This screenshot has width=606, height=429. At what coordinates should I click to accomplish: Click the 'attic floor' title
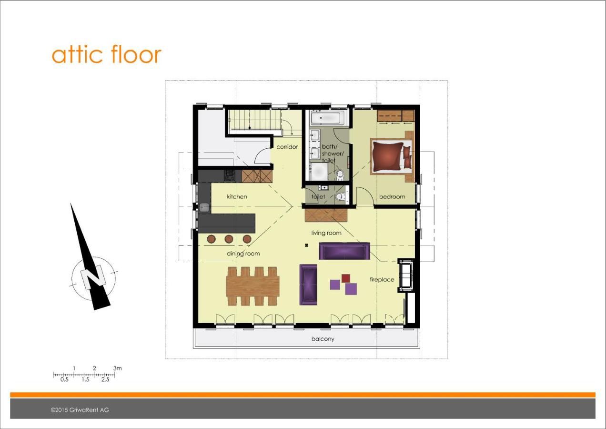click(x=106, y=54)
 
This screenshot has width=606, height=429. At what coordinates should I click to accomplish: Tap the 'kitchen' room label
click(x=237, y=196)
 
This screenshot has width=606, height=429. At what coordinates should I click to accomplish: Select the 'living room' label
click(x=326, y=233)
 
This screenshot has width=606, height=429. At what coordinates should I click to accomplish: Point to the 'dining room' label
click(x=243, y=254)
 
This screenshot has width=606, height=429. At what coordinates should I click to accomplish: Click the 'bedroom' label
click(x=392, y=196)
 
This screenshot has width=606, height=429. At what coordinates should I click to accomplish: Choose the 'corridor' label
click(x=287, y=147)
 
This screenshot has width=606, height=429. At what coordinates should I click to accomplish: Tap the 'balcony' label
click(x=323, y=339)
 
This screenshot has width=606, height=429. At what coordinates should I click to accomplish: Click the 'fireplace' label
click(x=382, y=279)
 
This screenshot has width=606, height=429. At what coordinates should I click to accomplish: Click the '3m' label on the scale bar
click(x=117, y=368)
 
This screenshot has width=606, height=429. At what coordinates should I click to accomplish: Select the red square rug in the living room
click(x=346, y=278)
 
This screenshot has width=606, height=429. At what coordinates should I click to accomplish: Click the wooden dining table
click(x=253, y=286)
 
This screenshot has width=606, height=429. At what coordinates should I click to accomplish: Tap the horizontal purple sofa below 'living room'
click(x=344, y=251)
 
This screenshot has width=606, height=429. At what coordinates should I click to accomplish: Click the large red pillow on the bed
click(x=387, y=157)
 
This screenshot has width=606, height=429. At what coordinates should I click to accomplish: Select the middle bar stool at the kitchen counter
click(x=229, y=239)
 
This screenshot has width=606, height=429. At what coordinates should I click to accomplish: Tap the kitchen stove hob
click(x=230, y=175)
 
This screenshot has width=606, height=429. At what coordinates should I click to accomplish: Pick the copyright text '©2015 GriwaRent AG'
click(x=80, y=410)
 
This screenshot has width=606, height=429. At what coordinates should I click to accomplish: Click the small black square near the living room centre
click(x=306, y=245)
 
